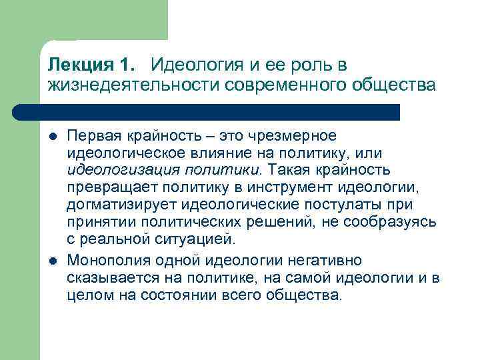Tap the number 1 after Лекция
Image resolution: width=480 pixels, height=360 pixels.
pos(126,65)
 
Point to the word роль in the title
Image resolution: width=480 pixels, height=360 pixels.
pos(304,65)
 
